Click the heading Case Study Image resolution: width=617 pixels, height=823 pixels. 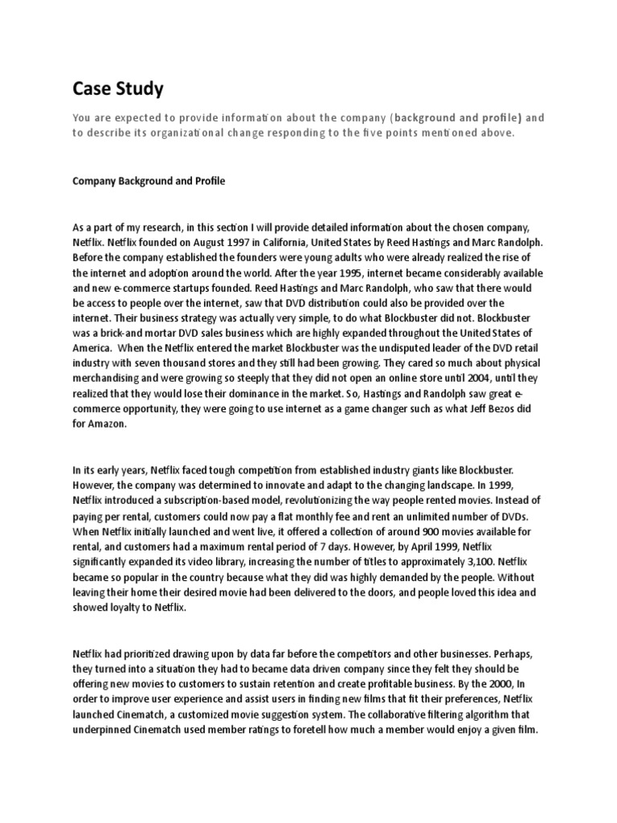click(117, 87)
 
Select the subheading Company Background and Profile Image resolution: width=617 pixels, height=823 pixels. click(149, 181)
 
